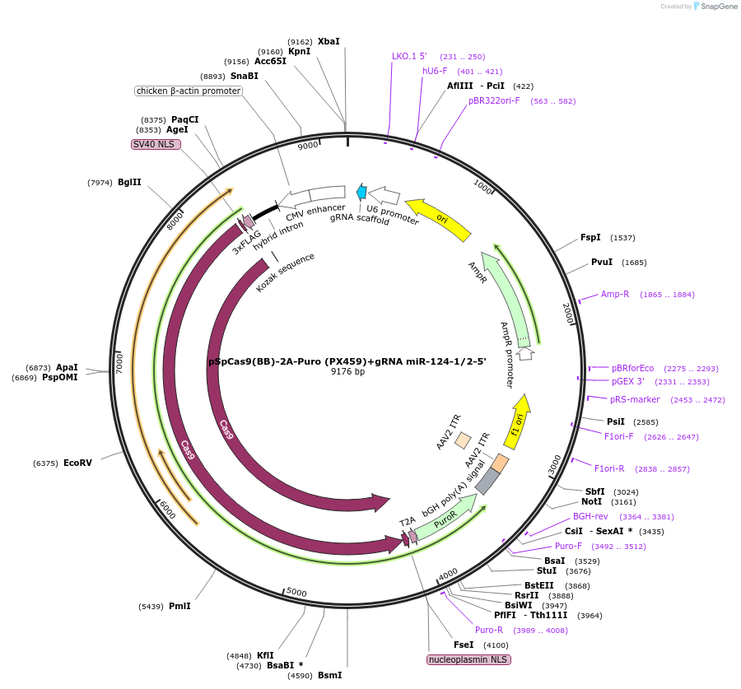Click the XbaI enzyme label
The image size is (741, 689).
[329, 41]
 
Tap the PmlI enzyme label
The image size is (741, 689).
[179, 606]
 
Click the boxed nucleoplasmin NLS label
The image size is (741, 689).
[468, 659]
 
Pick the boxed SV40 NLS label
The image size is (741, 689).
[156, 144]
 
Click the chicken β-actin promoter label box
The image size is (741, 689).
[189, 91]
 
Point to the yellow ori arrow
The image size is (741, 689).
[439, 218]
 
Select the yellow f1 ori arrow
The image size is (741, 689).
[517, 421]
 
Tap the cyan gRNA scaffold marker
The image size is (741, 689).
[361, 192]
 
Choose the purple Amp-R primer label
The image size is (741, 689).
[615, 294]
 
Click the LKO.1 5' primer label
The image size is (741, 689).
[409, 56]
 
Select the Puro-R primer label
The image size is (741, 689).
[489, 630]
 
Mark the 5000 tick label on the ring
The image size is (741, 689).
[296, 593]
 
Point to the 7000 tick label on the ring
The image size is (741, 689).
[119, 362]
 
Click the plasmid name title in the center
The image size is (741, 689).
[347, 361]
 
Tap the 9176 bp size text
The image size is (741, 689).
[347, 372]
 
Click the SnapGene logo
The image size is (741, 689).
[713, 7]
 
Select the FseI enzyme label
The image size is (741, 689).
[464, 645]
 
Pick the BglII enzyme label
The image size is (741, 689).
[129, 182]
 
